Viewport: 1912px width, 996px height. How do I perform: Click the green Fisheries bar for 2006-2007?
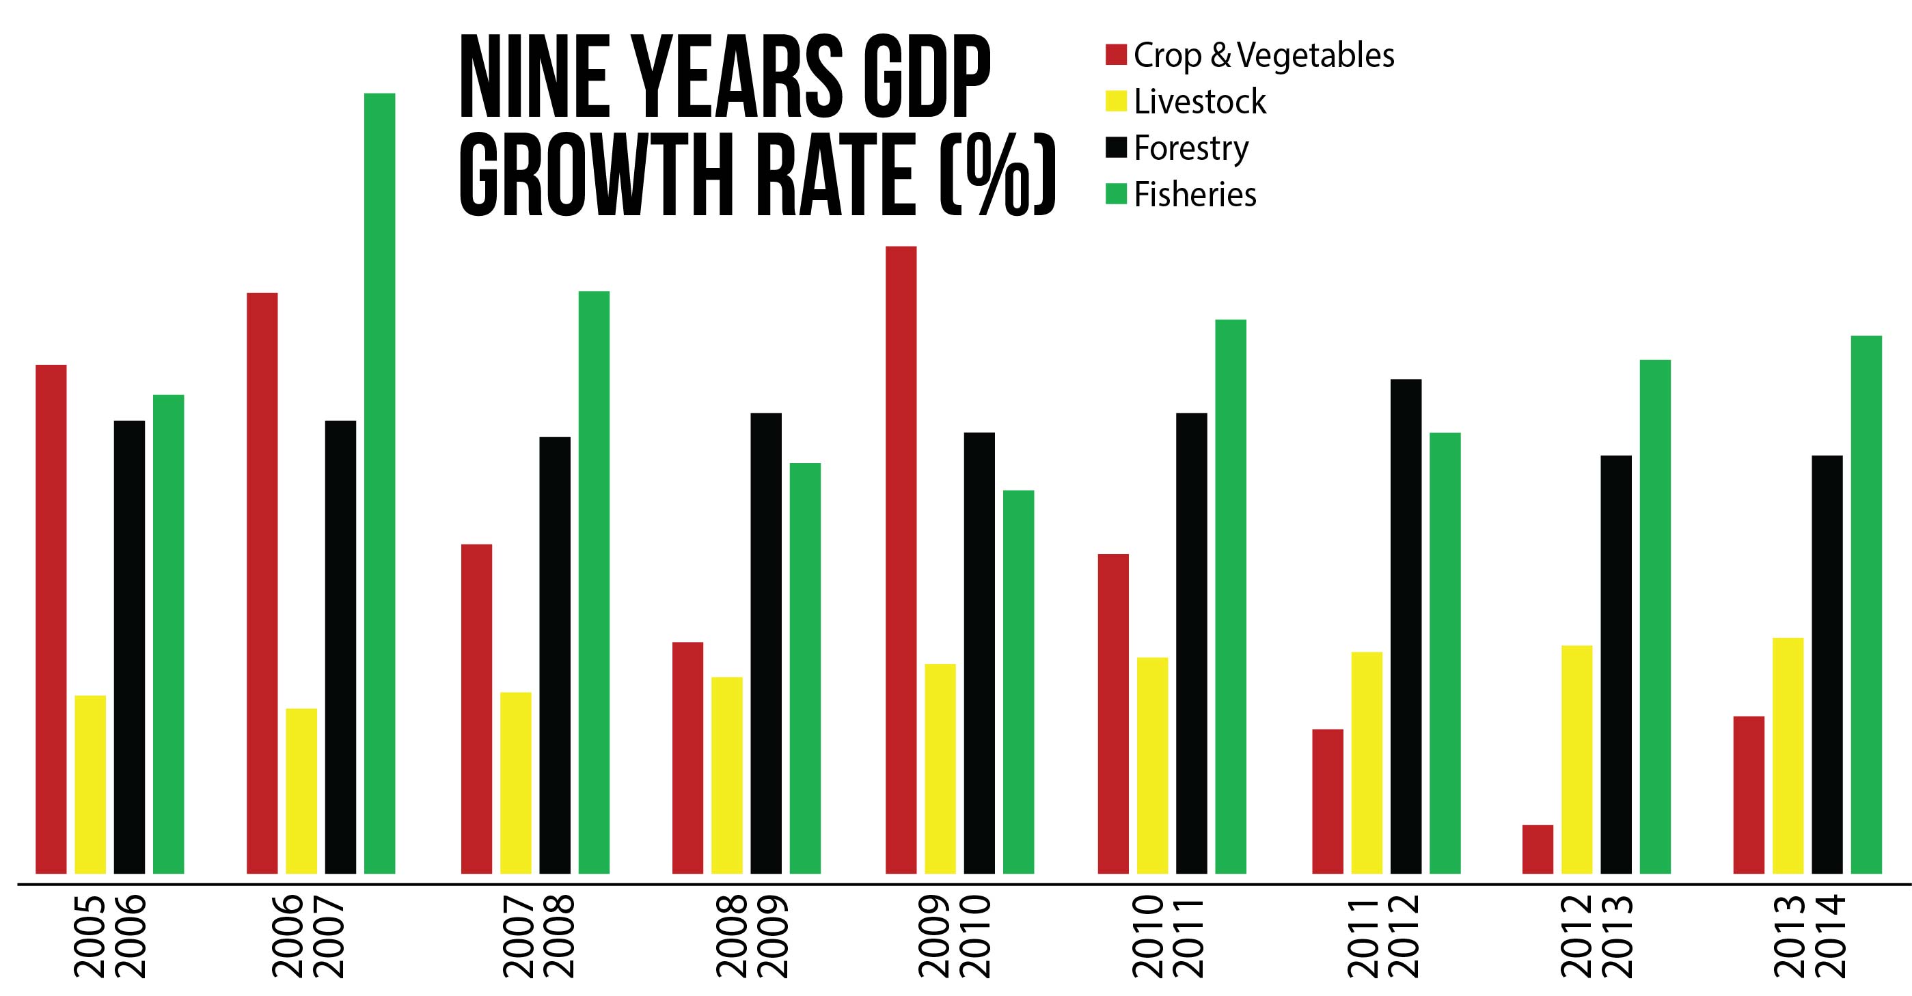point(379,483)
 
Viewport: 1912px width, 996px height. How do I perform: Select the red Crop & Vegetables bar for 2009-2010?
point(901,559)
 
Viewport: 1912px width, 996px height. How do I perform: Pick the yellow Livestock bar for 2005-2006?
point(91,784)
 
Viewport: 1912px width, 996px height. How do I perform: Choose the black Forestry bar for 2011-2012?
point(1406,626)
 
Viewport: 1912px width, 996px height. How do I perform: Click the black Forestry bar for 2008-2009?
point(766,644)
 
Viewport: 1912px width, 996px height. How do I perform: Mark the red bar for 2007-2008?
point(476,709)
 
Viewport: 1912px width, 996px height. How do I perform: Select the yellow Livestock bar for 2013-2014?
point(1788,756)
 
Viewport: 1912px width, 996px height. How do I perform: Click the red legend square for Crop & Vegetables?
point(1117,54)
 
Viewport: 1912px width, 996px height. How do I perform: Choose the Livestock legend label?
point(1199,102)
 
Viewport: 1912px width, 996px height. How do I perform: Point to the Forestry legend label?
point(1191,148)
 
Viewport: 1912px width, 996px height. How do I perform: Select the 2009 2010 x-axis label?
point(954,936)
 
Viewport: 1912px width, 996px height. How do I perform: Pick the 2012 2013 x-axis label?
point(1596,936)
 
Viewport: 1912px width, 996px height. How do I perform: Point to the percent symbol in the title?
point(996,174)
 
